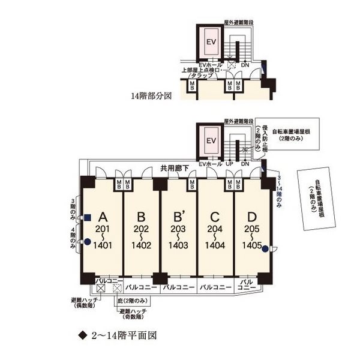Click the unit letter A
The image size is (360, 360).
[x=103, y=217]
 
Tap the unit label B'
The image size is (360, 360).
[x=178, y=217]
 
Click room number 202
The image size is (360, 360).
[x=142, y=229]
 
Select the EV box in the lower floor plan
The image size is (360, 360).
[x=211, y=142]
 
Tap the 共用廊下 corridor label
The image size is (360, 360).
[x=175, y=169]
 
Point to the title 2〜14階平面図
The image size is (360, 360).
[x=127, y=335]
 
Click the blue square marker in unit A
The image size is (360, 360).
[x=87, y=217]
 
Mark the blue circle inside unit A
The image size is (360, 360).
[x=87, y=242]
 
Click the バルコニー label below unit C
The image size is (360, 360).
[x=215, y=288]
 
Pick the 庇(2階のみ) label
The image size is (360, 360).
[x=139, y=300]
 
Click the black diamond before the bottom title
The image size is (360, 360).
[x=83, y=335]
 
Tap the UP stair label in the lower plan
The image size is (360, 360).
[x=230, y=164]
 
